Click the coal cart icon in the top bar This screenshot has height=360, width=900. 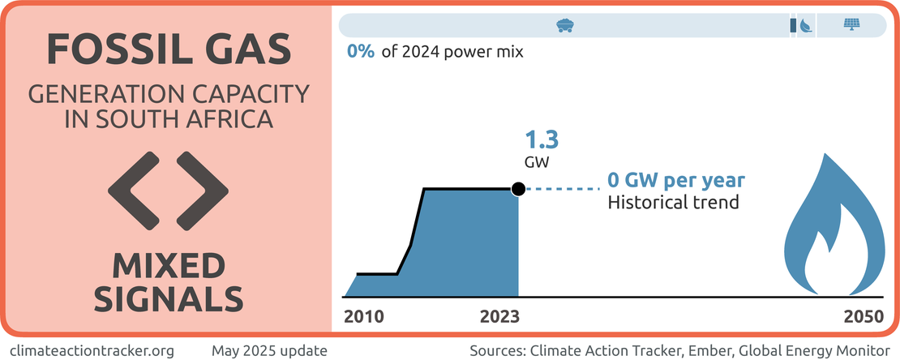tap(565, 25)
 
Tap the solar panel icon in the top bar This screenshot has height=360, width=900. tap(851, 25)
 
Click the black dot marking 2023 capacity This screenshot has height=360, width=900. tap(518, 189)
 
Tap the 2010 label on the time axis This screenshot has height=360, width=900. tap(365, 317)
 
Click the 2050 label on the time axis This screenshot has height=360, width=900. tap(862, 317)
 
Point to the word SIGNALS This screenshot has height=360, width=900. tap(169, 298)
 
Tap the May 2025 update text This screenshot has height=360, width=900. tap(269, 350)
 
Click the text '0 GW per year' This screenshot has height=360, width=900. tap(675, 180)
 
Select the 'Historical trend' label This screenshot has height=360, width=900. tap(673, 202)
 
